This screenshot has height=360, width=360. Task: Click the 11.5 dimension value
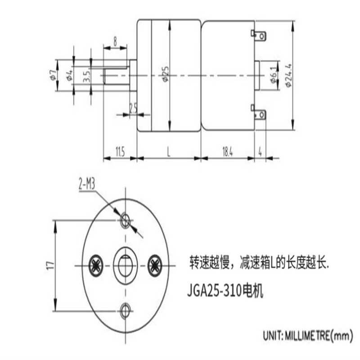[120, 152]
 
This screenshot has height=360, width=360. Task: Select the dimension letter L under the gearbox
[169, 152]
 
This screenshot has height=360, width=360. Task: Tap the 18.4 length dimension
[227, 152]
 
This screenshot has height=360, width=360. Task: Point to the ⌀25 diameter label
[166, 74]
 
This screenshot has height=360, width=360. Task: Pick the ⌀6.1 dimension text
[274, 75]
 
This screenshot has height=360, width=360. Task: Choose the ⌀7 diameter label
[53, 75]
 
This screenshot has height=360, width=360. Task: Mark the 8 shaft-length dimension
[115, 41]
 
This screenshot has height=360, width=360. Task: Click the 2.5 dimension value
[133, 108]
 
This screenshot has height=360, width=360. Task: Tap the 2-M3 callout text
[86, 184]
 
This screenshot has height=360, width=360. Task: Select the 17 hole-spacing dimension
[50, 265]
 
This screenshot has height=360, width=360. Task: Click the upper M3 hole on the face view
[125, 220]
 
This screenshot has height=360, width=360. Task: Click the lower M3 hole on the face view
[125, 310]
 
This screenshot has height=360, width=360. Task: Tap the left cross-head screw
[96, 265]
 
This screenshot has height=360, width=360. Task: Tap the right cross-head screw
[154, 265]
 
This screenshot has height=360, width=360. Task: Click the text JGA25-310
[215, 291]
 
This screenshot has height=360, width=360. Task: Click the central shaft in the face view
[126, 265]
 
